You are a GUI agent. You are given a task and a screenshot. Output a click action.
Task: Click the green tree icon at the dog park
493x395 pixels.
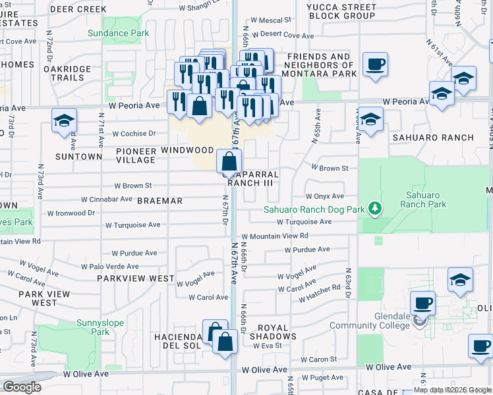(x=375, y=209)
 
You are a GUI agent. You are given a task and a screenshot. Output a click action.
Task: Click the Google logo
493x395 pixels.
(x=22, y=387)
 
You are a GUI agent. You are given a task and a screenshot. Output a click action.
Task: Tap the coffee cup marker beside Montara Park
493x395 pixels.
(x=376, y=65)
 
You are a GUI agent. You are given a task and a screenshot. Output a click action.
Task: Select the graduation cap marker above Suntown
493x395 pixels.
(x=65, y=120)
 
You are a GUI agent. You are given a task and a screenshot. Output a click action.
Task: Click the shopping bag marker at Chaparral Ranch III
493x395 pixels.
(x=229, y=161)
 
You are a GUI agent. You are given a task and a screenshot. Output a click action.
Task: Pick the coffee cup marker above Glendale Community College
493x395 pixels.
(x=422, y=303)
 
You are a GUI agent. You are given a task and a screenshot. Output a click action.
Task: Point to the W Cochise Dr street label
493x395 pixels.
(x=134, y=133)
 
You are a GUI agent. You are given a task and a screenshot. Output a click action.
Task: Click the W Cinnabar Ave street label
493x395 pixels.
(x=107, y=199)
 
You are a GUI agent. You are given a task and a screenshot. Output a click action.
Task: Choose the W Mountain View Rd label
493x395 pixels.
(x=275, y=236)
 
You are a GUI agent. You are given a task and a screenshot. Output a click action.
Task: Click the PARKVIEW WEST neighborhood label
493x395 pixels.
(x=135, y=278)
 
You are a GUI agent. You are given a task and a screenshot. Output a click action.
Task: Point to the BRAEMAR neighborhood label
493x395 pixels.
(x=159, y=201)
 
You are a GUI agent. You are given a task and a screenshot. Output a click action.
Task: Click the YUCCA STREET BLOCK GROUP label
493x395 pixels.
(x=341, y=11)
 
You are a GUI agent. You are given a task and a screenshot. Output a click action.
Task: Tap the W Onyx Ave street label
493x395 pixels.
(x=324, y=196)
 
